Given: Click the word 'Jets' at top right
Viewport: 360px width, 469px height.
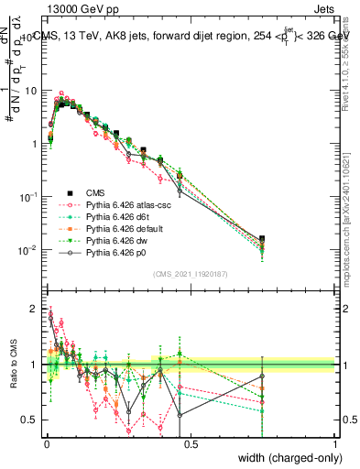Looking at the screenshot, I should (x=323, y=12).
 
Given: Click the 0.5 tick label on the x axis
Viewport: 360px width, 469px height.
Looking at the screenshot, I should (x=190, y=442).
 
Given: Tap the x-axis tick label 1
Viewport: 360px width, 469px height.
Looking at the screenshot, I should (x=335, y=442).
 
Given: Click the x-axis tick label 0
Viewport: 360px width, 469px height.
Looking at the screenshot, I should (x=45, y=442).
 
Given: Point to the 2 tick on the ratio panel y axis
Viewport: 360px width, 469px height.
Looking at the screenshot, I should (x=34, y=309).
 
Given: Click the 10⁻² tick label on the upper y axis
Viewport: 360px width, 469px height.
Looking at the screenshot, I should (x=27, y=250).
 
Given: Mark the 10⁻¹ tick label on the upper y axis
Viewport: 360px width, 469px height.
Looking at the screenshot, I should (x=27, y=197).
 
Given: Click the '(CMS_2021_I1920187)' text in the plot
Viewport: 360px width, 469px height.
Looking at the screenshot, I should (x=190, y=274).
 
